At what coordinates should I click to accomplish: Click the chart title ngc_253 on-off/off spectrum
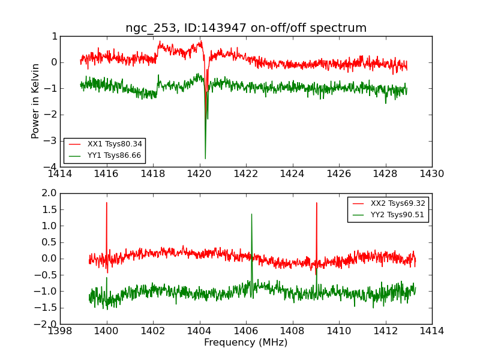point(245,28)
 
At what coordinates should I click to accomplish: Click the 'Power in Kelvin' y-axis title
point(36,101)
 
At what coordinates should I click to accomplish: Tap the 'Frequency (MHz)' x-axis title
point(245,343)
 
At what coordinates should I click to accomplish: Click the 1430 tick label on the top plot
point(431,174)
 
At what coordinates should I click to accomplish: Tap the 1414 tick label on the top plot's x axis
point(60,174)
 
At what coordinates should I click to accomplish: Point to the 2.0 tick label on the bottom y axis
point(49,193)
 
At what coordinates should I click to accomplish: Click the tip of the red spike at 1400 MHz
point(107,202)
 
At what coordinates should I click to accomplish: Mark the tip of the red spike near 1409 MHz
point(316,203)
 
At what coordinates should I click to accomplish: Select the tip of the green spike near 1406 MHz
point(251,214)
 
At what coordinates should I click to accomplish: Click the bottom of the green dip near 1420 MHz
point(205,158)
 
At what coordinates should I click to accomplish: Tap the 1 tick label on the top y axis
point(55,36)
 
